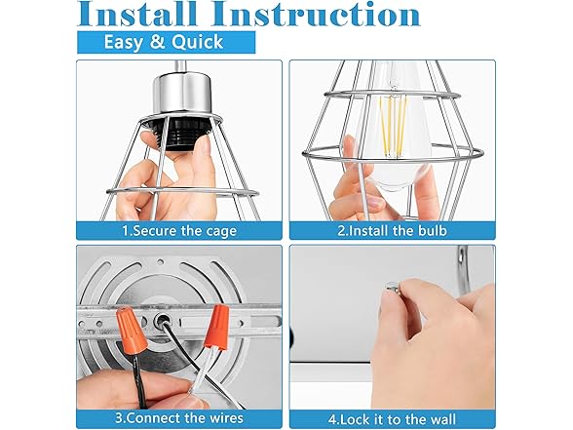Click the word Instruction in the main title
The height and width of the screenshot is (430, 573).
tap(317, 14)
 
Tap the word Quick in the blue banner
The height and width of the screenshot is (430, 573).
tap(197, 42)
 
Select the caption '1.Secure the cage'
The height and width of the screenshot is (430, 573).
tap(179, 231)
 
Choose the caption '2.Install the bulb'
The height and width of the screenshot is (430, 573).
tap(392, 231)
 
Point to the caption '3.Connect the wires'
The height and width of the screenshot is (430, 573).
tap(179, 418)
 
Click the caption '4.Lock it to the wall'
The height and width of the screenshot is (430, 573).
tap(392, 418)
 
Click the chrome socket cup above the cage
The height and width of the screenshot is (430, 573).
tap(181, 92)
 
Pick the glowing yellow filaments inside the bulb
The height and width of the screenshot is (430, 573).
tap(393, 126)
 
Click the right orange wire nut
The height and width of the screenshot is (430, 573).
tap(217, 327)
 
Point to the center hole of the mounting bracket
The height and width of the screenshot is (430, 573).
tap(161, 321)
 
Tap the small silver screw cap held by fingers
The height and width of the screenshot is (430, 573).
tap(393, 289)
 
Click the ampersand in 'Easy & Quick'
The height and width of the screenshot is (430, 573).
tap(157, 42)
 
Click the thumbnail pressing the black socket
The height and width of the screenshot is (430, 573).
tap(205, 144)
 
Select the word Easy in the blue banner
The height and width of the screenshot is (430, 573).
tap(124, 43)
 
